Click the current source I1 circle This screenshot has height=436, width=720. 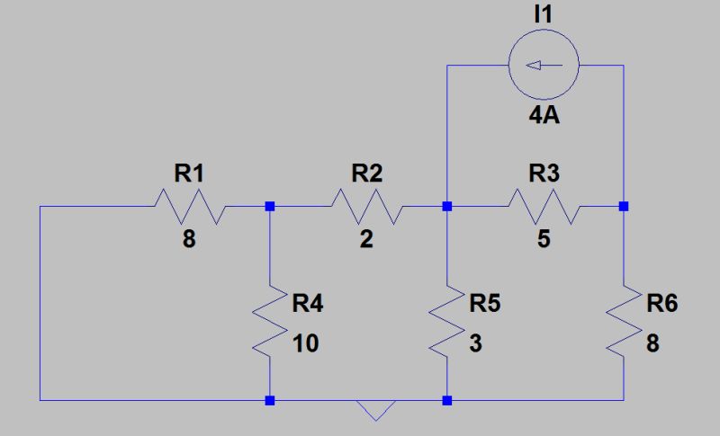pyautogui.click(x=544, y=65)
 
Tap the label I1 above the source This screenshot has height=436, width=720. pyautogui.click(x=544, y=16)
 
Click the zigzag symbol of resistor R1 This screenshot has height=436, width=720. pyautogui.click(x=189, y=207)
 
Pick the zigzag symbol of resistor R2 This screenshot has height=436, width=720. pyautogui.click(x=366, y=207)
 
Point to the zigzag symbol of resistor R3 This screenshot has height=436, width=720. pyautogui.click(x=544, y=207)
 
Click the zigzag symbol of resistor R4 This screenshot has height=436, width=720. pyautogui.click(x=270, y=322)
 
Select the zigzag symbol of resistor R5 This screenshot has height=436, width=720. pyautogui.click(x=447, y=322)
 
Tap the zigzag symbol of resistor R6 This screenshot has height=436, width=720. pyautogui.click(x=624, y=322)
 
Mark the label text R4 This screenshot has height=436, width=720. pyautogui.click(x=308, y=304)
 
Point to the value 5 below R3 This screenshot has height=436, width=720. pyautogui.click(x=544, y=240)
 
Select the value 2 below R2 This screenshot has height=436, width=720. pyautogui.click(x=366, y=240)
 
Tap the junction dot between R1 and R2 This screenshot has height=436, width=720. pyautogui.click(x=270, y=207)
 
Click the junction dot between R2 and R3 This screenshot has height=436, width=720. pyautogui.click(x=447, y=207)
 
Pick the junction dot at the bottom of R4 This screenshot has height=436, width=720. pyautogui.click(x=270, y=399)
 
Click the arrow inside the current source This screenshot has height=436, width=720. pyautogui.click(x=543, y=65)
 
